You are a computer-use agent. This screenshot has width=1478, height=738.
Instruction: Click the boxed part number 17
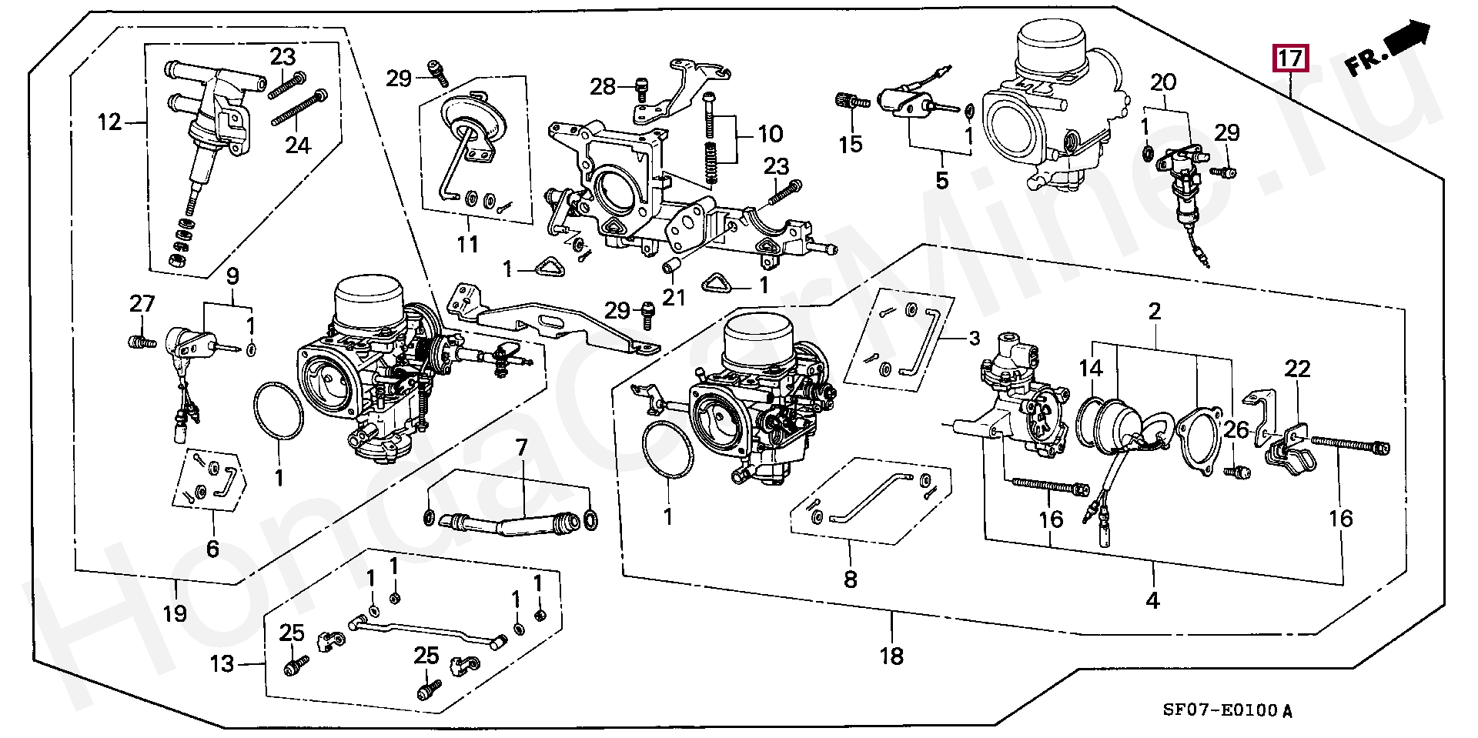1290,58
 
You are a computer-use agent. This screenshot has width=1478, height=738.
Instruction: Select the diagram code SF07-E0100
1220,710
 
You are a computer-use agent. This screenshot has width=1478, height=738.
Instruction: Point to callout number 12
110,122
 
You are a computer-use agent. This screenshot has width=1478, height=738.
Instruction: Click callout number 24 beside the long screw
298,145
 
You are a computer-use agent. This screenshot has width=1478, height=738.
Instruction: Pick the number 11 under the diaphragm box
467,244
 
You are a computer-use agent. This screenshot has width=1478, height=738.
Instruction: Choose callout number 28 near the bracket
603,87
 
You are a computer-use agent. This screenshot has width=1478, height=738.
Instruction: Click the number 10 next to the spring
771,134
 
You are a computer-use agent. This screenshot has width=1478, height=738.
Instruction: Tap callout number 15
850,144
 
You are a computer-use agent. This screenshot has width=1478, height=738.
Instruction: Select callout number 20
1163,82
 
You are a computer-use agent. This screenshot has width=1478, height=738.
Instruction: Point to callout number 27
142,303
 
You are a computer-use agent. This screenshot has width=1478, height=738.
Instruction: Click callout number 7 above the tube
522,447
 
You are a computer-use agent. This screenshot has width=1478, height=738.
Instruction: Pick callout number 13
222,663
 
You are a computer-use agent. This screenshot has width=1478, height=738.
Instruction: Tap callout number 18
891,656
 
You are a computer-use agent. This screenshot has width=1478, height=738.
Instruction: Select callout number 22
1297,369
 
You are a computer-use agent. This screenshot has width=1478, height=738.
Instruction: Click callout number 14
1091,369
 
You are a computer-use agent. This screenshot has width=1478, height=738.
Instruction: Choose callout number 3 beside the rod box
975,338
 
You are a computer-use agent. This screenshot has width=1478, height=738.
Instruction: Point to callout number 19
175,613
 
